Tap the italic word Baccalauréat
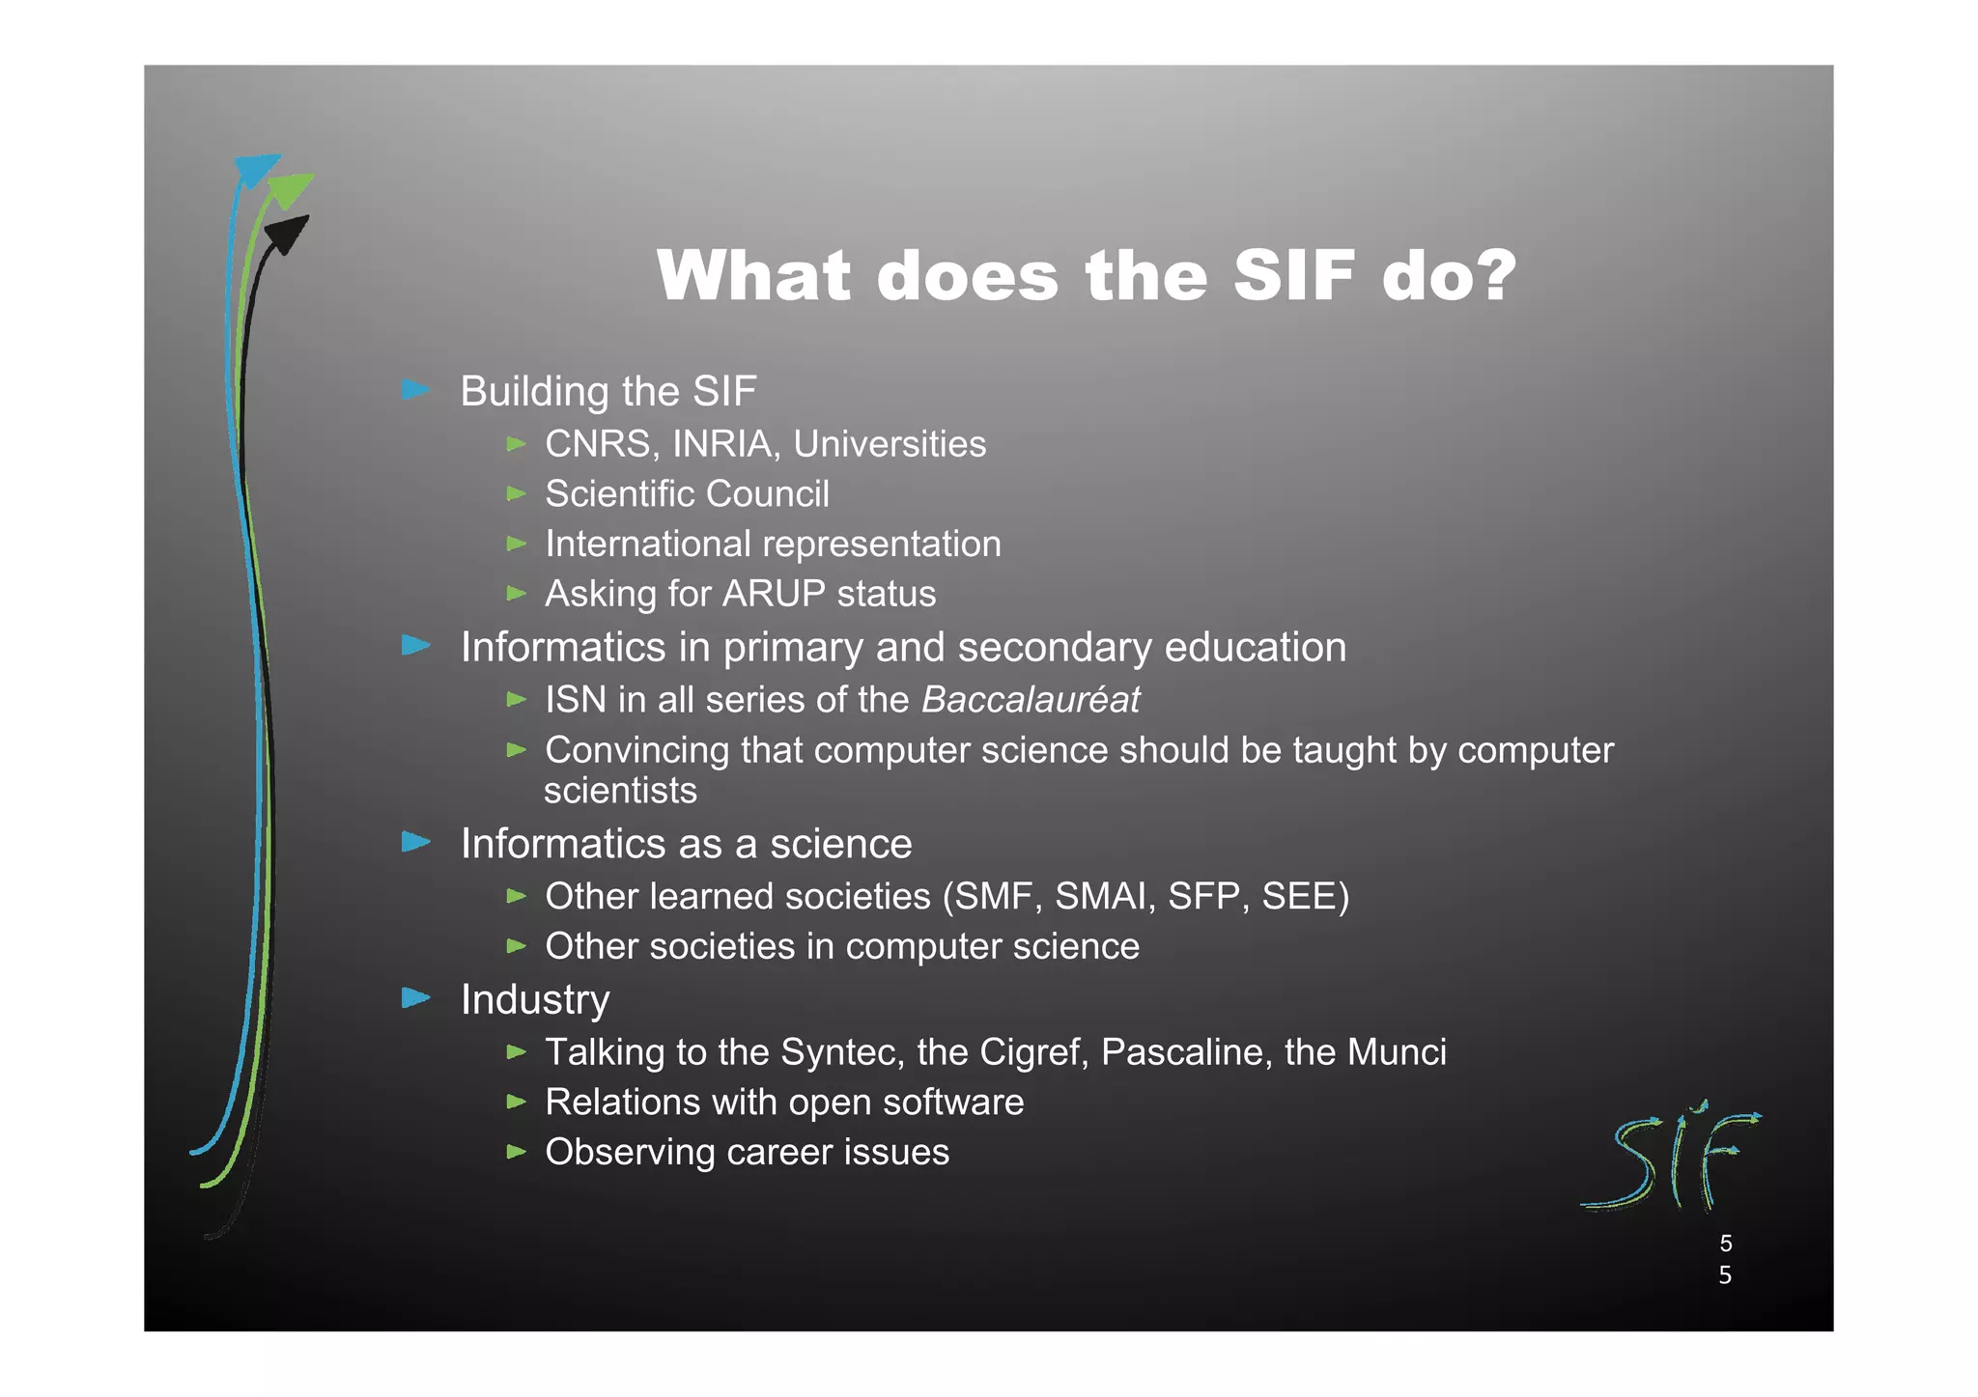pyautogui.click(x=1031, y=700)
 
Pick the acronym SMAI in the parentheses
pyautogui.click(x=1106, y=897)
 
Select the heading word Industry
pyautogui.click(x=535, y=1000)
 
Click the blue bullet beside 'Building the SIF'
pyautogui.click(x=416, y=390)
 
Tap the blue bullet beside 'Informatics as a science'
pyautogui.click(x=416, y=842)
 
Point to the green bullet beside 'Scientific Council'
pyautogui.click(x=517, y=493)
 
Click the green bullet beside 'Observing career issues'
pyautogui.click(x=517, y=1151)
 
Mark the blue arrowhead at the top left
pyautogui.click(x=256, y=170)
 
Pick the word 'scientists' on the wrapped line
pyautogui.click(x=620, y=791)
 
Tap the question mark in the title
pyautogui.click(x=1495, y=276)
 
